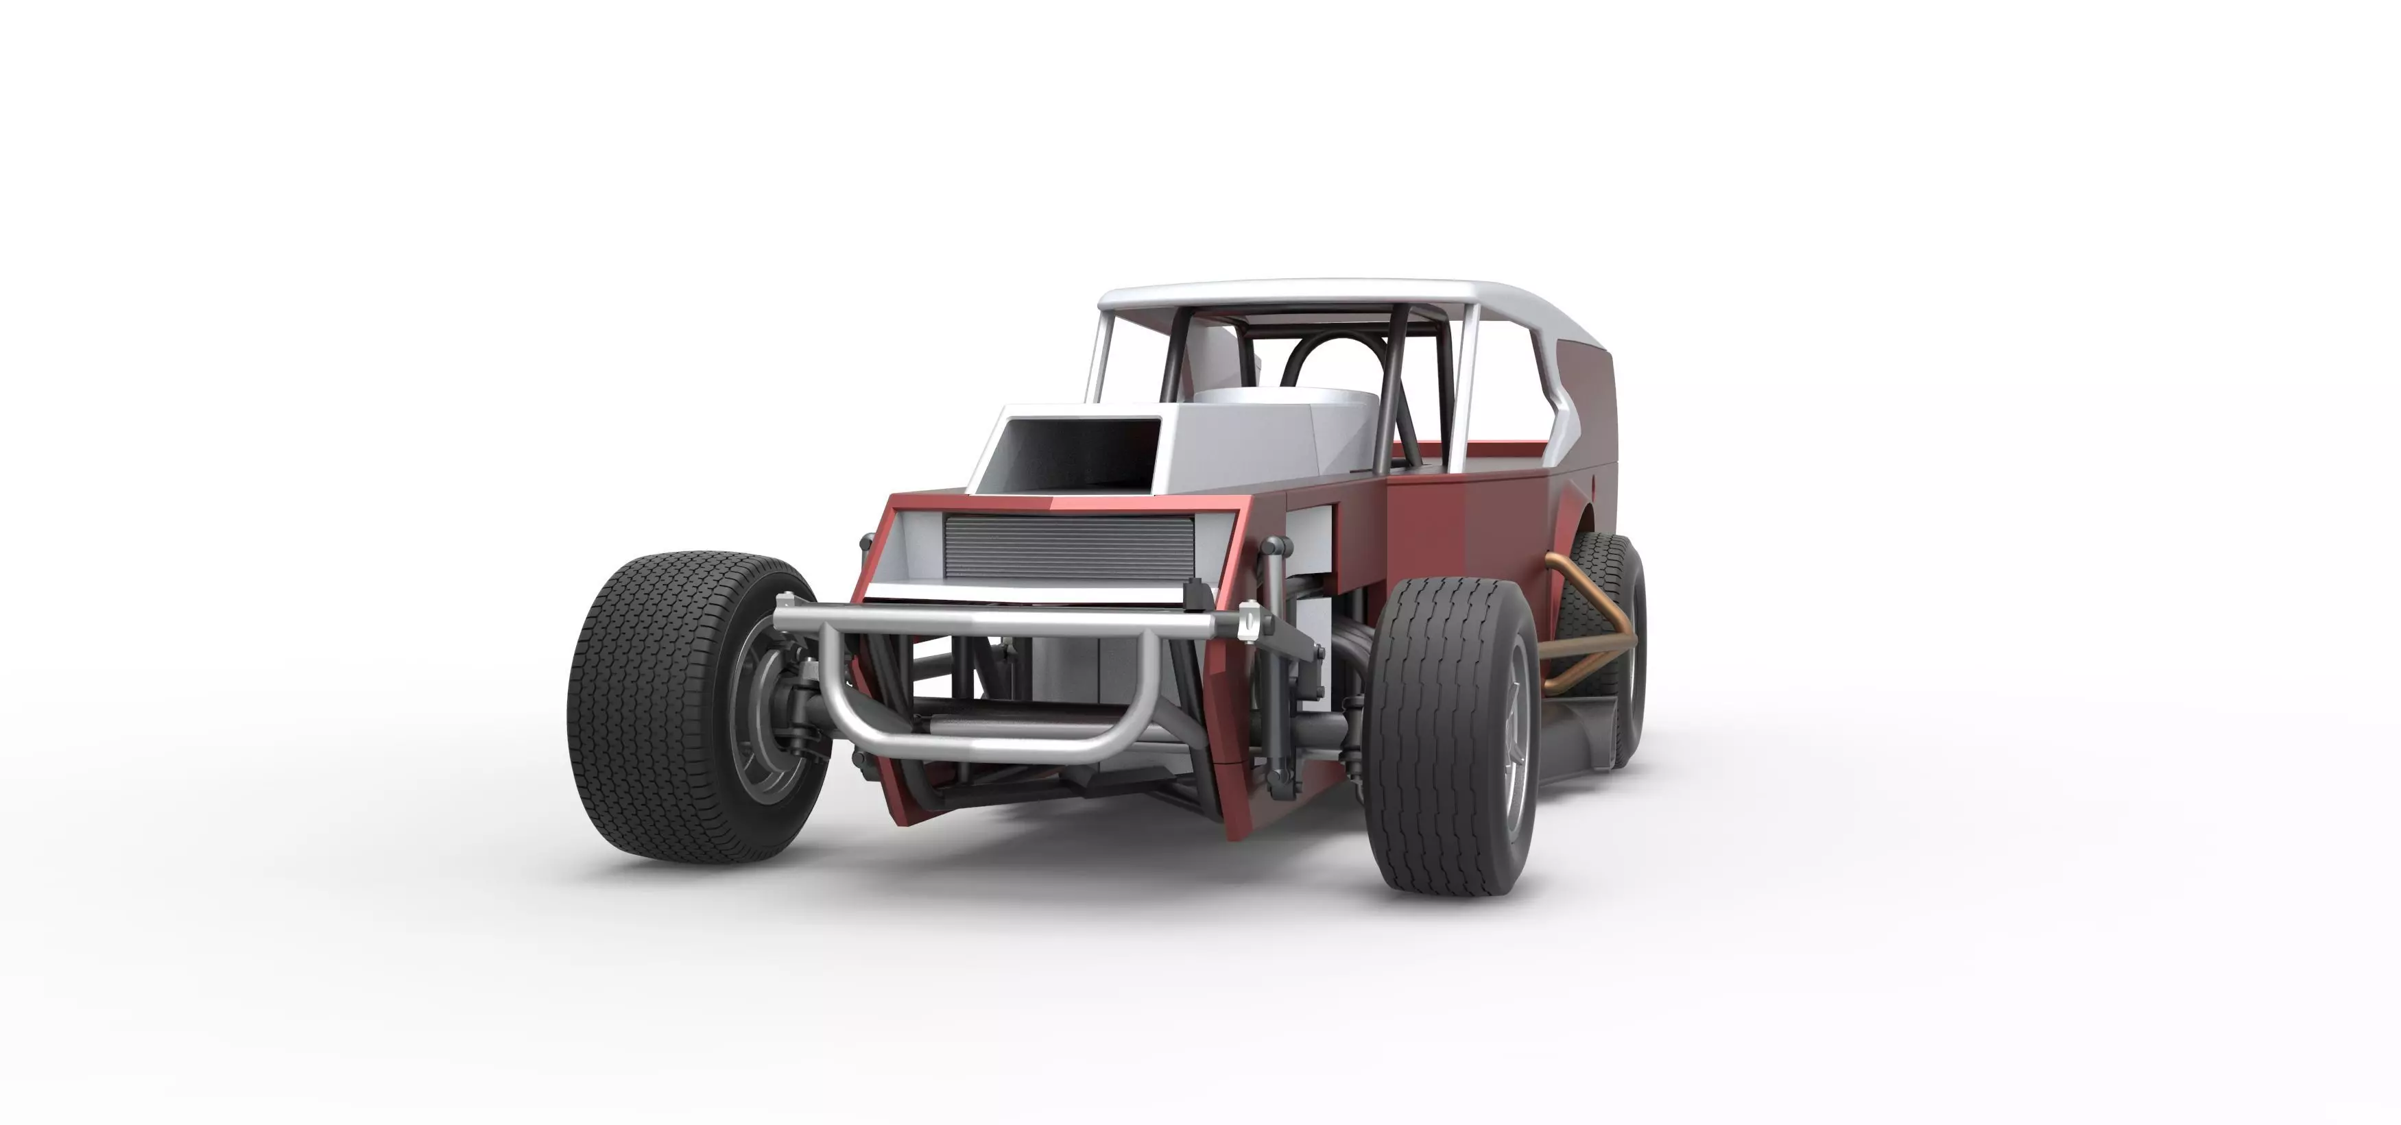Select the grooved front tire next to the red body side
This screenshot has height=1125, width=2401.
point(1435,736)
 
